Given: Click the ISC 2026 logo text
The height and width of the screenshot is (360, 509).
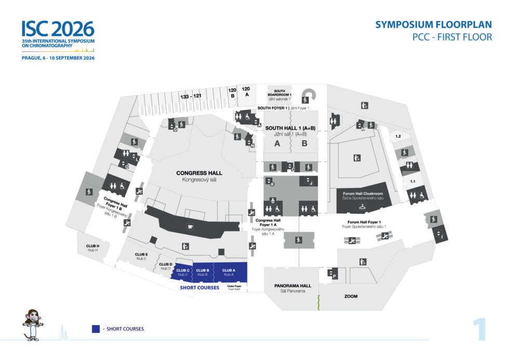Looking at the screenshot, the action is click(x=58, y=29).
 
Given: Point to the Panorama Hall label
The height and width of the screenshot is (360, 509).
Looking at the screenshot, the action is click(x=292, y=286).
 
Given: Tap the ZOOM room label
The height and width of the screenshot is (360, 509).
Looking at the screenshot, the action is click(x=351, y=296).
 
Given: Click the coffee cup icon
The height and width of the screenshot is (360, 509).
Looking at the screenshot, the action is click(x=190, y=226).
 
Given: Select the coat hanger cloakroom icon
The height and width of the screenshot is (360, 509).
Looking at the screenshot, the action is click(x=361, y=207).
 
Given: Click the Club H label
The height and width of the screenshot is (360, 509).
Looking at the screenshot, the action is click(x=92, y=247).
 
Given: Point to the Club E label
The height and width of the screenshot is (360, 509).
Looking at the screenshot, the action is click(x=142, y=256).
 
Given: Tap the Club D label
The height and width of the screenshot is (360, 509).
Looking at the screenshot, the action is click(x=166, y=266).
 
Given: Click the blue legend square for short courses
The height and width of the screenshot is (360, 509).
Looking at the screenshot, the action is click(x=96, y=329).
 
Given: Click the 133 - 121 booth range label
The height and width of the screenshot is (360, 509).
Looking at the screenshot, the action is click(x=191, y=97).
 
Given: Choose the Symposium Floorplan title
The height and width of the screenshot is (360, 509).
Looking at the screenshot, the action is click(x=433, y=25).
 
